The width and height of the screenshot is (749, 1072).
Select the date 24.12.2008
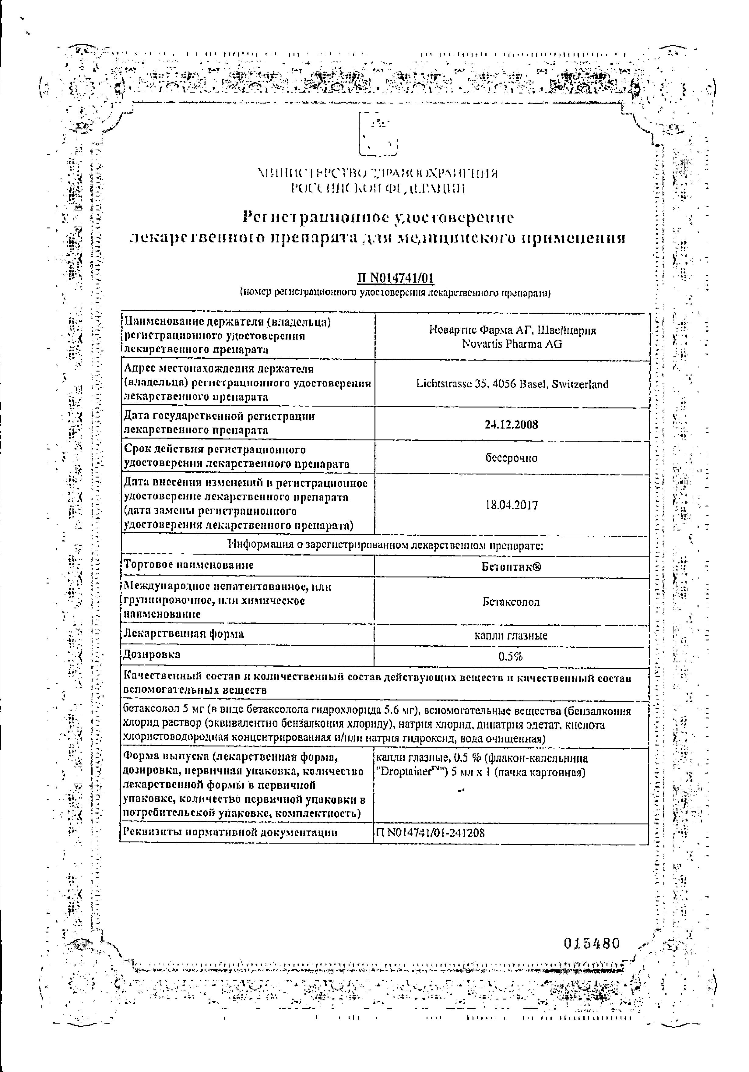512,425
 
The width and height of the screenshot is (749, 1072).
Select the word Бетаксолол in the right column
511,602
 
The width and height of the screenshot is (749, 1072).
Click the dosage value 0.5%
511,657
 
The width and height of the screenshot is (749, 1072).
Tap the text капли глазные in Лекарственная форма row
511,636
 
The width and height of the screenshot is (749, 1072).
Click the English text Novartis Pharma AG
512,344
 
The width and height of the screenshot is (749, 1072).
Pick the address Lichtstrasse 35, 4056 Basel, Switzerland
512,384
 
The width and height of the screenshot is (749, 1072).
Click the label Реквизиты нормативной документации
230,832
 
